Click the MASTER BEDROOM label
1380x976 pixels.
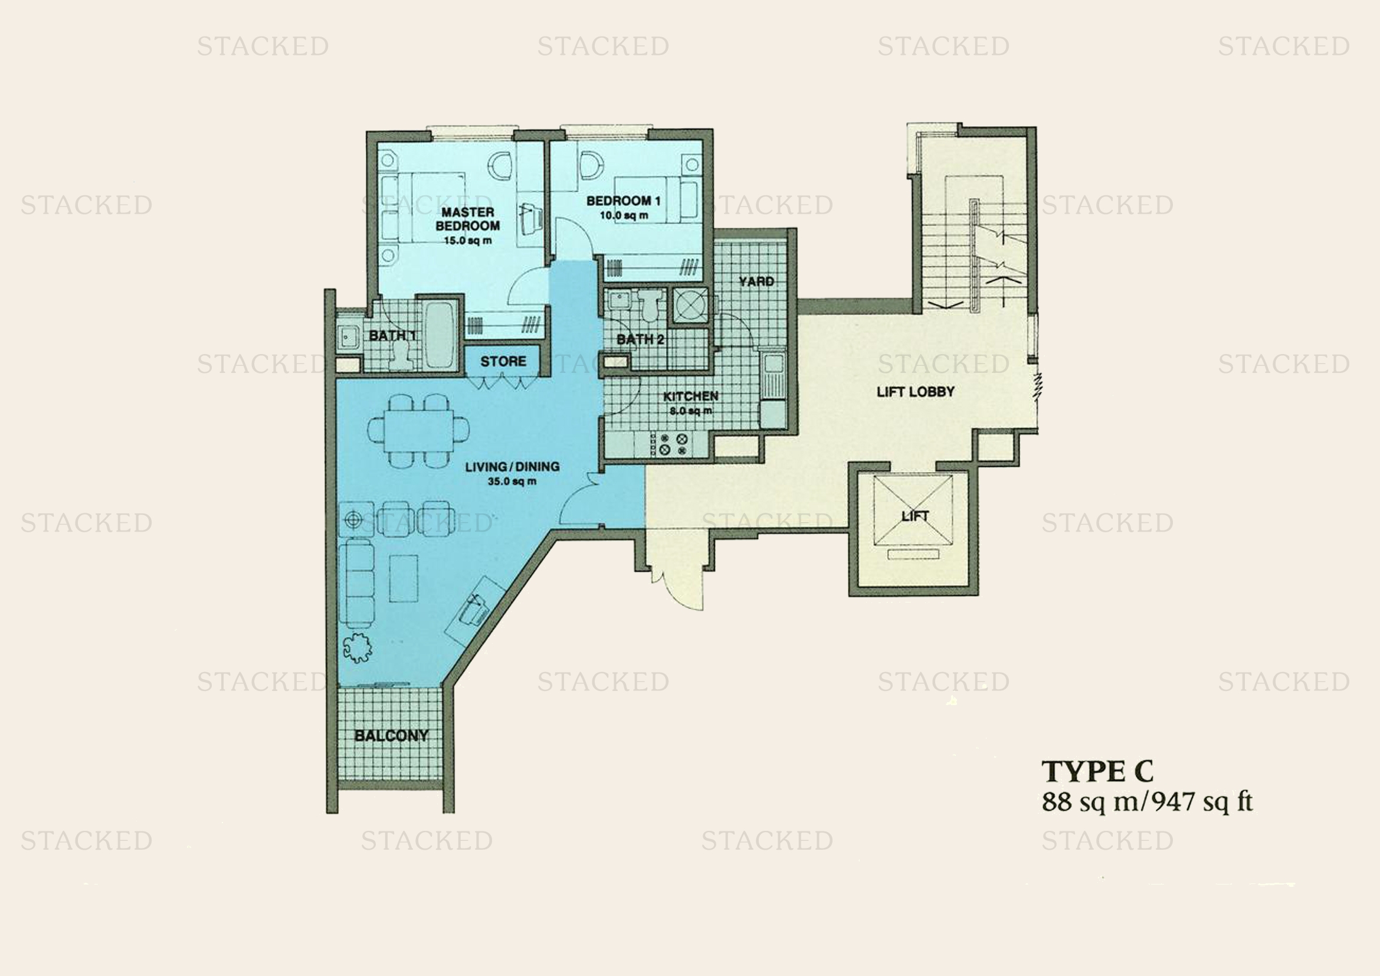coord(468,219)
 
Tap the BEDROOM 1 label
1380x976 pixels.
coord(623,201)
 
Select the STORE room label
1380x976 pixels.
coord(503,361)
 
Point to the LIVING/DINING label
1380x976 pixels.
coord(512,466)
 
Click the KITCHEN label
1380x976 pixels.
coord(691,397)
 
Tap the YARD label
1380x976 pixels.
coord(756,281)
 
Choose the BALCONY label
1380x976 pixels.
coord(391,736)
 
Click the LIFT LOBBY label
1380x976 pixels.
coord(916,392)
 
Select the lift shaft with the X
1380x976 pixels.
coord(913,510)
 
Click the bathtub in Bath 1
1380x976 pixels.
coord(440,334)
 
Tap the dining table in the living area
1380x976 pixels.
coord(419,430)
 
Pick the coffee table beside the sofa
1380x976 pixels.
coord(404,578)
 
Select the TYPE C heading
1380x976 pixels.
coord(1097,771)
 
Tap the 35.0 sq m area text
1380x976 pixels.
coord(512,482)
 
